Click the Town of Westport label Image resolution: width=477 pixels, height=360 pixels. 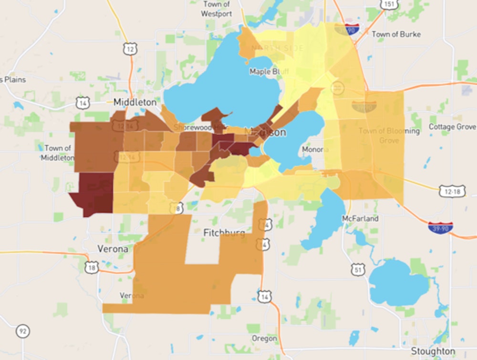(217, 9)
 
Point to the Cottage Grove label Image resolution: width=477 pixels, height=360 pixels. (452, 127)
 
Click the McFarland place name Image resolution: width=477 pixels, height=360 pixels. (360, 218)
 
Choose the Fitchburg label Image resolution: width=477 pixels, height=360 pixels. (224, 233)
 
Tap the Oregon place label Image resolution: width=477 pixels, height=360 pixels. (264, 338)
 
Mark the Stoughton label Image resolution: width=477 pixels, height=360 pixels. (433, 351)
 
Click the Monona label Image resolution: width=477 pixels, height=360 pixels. (315, 149)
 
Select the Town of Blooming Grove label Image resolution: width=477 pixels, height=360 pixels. (389, 135)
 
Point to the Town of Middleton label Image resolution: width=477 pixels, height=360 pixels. (57, 153)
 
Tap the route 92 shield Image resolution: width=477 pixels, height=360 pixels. (22, 330)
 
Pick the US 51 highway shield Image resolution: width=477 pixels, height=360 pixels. (358, 269)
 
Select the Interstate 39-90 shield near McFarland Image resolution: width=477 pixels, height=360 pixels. (440, 227)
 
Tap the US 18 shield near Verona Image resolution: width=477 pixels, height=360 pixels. (91, 267)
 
